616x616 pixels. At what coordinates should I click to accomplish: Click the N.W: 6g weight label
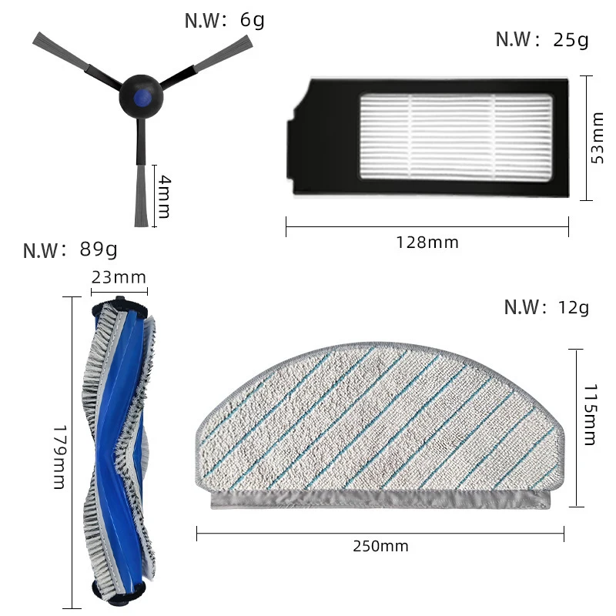coord(224,19)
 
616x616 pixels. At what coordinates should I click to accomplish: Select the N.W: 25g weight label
coord(542,39)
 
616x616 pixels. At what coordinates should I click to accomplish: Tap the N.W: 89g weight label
coord(70,250)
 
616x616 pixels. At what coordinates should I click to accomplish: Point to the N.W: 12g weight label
coord(546,307)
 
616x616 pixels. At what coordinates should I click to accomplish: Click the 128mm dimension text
coord(427,243)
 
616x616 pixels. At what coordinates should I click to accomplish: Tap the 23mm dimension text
coord(119,277)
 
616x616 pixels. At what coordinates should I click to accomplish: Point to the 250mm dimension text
coord(380,546)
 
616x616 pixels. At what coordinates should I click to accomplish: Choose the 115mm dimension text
coord(589,415)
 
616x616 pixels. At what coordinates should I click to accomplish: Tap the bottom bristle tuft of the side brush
coord(140,196)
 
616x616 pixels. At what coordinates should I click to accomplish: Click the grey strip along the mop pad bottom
coord(381,500)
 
